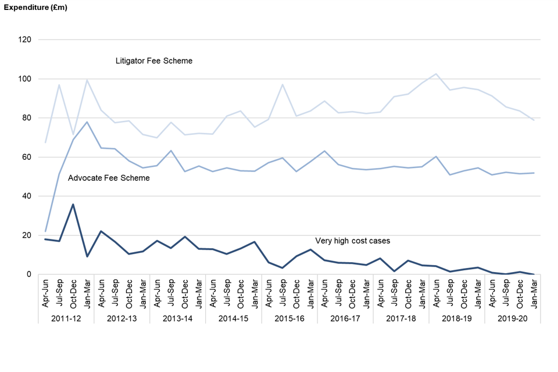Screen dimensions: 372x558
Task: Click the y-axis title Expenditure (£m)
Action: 37,7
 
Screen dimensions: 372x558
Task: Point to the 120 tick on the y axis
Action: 25,40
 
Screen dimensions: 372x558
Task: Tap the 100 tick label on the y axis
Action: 25,79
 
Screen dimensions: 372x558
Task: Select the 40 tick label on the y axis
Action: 27,196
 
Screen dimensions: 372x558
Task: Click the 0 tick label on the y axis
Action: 29,274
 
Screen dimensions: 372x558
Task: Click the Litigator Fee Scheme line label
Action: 154,60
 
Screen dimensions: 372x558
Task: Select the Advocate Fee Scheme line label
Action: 109,178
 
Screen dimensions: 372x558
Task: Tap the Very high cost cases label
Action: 353,241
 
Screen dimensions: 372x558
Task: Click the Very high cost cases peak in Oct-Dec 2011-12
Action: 73,204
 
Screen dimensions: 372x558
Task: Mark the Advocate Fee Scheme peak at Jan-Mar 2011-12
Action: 87,122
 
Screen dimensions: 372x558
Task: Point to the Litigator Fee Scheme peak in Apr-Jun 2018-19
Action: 436,74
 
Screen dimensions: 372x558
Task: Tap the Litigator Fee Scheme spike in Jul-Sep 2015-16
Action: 282,84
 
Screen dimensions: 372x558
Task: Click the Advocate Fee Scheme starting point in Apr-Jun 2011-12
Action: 45,231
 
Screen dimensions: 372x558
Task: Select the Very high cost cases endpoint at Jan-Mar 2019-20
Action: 534,274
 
